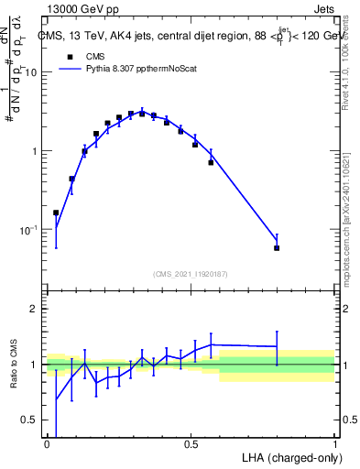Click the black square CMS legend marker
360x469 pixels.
[x=70, y=56]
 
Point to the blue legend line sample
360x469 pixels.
[x=70, y=68]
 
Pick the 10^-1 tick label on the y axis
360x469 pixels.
[x=31, y=230]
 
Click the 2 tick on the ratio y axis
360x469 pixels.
[x=37, y=309]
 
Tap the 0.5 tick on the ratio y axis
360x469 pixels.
[x=32, y=420]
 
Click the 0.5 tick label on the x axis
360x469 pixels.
[x=191, y=443]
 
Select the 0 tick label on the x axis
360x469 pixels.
[x=47, y=443]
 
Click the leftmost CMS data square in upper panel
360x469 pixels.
[x=56, y=213]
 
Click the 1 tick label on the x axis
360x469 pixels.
[x=334, y=443]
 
